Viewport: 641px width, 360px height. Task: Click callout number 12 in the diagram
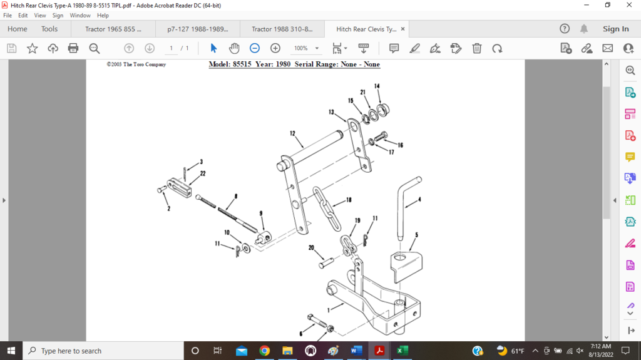(292, 133)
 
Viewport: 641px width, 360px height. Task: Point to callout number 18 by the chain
(349, 200)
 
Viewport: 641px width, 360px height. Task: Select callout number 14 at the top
(377, 86)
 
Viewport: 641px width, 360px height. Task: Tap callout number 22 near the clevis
(203, 173)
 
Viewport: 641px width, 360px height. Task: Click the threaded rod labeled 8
(226, 211)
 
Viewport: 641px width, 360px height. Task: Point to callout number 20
(311, 248)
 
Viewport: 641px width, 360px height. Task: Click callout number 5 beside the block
(416, 235)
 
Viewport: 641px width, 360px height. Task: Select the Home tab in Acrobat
(17, 29)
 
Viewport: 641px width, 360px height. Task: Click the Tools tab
(49, 29)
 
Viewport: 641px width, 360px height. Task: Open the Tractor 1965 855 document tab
(113, 29)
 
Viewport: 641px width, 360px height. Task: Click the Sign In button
(615, 29)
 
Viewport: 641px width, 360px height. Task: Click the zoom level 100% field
(302, 48)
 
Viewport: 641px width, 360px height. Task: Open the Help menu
(103, 15)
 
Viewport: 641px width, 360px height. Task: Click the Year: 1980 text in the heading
(273, 64)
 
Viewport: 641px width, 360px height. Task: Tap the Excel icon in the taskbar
(403, 351)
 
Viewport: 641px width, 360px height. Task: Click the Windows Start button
(11, 351)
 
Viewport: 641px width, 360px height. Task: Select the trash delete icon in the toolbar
(476, 48)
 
